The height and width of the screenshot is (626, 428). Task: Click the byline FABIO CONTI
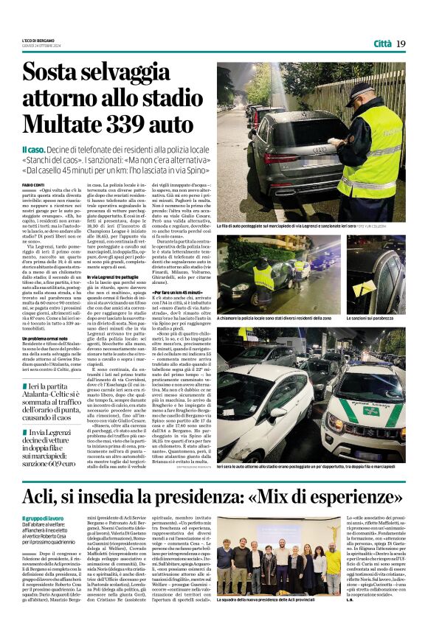point(33,184)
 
